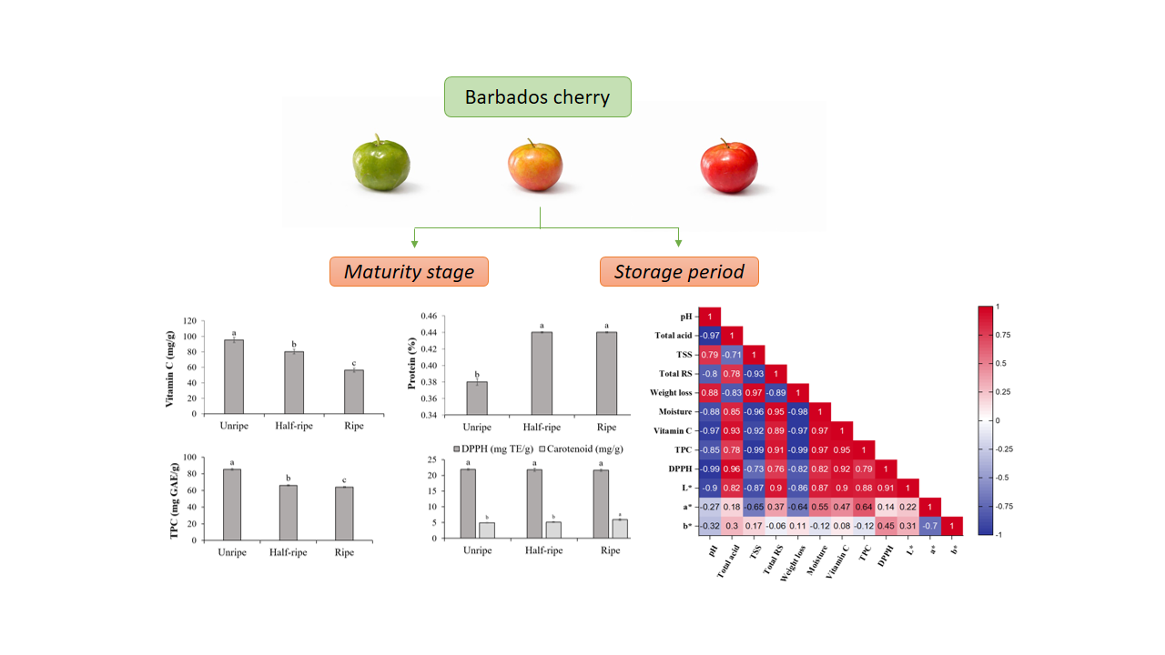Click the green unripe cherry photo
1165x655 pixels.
(381, 166)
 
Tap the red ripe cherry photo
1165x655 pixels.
(729, 167)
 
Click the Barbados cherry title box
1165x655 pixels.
(537, 96)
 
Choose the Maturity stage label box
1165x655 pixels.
(409, 271)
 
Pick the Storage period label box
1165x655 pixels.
(678, 271)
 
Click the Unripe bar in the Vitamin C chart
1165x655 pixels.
(234, 377)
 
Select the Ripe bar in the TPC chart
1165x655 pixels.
(345, 514)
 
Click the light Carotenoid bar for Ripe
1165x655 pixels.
(619, 529)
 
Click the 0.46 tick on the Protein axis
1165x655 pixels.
(427, 316)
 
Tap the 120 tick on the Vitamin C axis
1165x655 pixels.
(188, 321)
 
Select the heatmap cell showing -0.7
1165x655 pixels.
(929, 525)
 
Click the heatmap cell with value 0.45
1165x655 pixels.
(886, 525)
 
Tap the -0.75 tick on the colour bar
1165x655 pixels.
(1005, 507)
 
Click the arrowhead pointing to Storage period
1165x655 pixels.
(678, 243)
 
